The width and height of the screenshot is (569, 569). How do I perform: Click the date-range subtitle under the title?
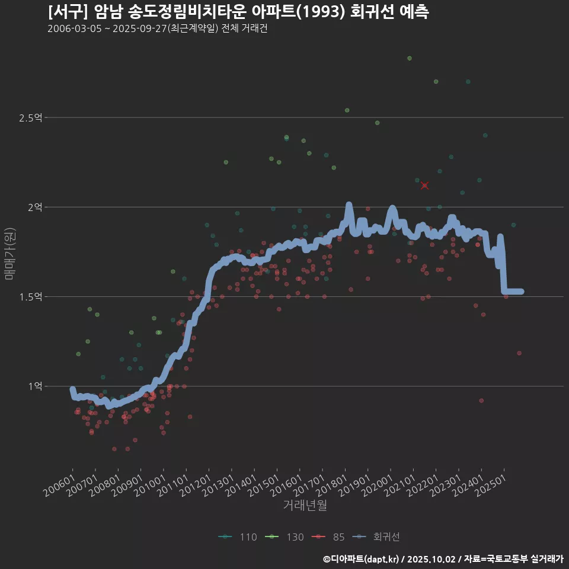pyautogui.click(x=157, y=29)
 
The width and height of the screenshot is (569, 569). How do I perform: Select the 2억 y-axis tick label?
pyautogui.click(x=34, y=207)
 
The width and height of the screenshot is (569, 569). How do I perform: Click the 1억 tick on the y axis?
pyautogui.click(x=34, y=386)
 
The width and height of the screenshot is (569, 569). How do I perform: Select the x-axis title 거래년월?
pyautogui.click(x=305, y=505)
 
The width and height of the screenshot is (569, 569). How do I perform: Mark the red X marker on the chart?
pyautogui.click(x=424, y=186)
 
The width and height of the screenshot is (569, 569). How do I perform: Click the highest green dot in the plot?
pyautogui.click(x=409, y=58)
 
